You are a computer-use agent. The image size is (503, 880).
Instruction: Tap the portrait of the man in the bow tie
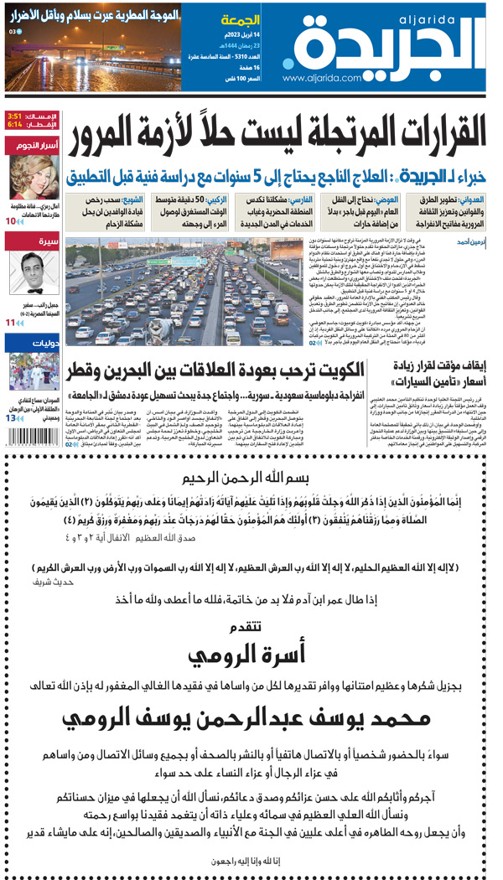coord(33,271)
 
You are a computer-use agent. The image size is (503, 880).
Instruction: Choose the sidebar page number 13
coord(11,417)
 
